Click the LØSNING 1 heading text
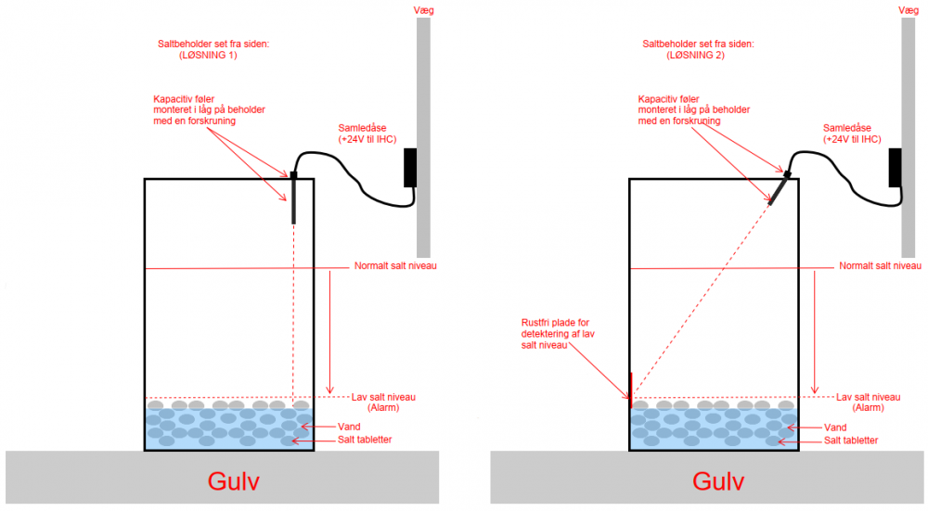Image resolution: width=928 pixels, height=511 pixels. coord(206,56)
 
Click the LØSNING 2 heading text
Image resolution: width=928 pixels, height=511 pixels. coord(695,56)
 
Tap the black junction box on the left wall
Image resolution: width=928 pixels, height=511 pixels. coord(410,168)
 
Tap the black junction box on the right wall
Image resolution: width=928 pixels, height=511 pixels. coord(896,168)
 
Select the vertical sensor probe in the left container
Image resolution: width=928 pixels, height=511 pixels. coord(293,198)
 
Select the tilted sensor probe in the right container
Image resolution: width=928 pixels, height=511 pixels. coord(779,187)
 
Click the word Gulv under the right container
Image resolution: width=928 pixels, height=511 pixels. coord(717,482)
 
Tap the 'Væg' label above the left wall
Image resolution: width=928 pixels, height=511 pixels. coord(422,10)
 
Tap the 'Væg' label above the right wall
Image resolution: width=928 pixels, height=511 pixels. coord(908,10)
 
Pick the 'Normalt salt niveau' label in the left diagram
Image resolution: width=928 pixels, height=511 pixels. coord(395,266)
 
